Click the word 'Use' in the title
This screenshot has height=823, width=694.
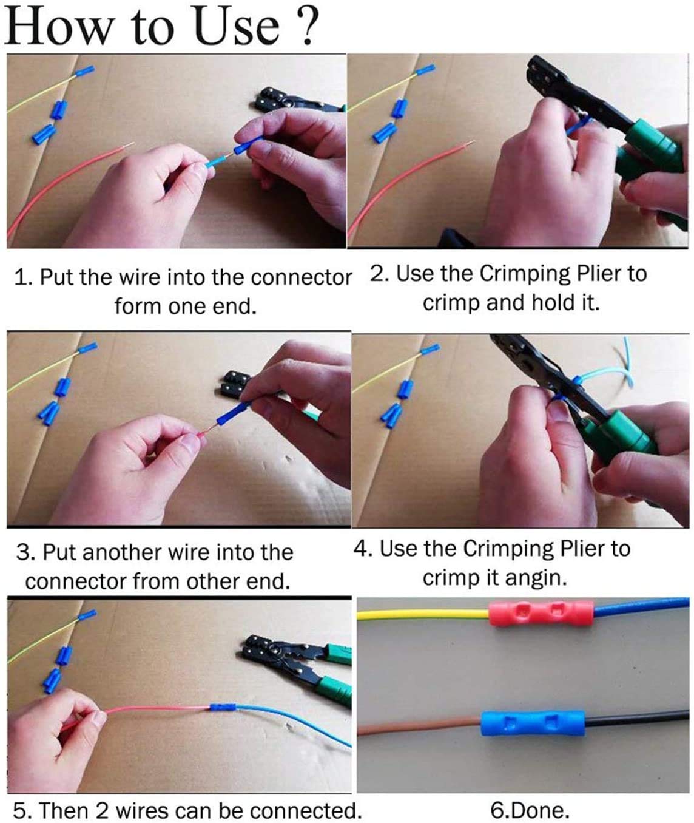pos(237,25)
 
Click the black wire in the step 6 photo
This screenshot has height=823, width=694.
pos(637,718)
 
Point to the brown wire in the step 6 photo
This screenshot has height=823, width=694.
pos(419,726)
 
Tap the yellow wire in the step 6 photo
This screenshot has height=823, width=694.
pos(423,614)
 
